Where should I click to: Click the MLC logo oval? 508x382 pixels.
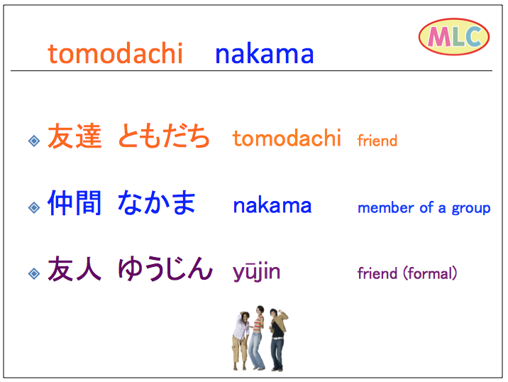454,37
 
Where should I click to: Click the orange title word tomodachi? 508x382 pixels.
116,53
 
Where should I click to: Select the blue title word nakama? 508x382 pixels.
265,53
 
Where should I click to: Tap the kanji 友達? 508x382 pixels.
74,136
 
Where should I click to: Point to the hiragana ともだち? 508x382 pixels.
164,136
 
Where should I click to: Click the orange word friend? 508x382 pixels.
377,141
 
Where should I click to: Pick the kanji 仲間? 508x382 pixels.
74,203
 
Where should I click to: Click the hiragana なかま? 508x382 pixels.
157,203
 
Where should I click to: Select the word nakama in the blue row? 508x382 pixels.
272,205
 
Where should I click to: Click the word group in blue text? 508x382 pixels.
471,209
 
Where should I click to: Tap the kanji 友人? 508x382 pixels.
74,268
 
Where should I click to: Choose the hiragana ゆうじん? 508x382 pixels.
165,268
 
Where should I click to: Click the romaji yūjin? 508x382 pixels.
256,273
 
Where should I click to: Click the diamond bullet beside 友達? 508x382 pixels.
34,141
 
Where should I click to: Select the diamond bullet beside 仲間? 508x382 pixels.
34,207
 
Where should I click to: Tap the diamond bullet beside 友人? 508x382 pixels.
34,273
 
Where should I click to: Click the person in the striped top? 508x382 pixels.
257,337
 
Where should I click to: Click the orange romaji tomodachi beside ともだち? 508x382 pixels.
287,138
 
